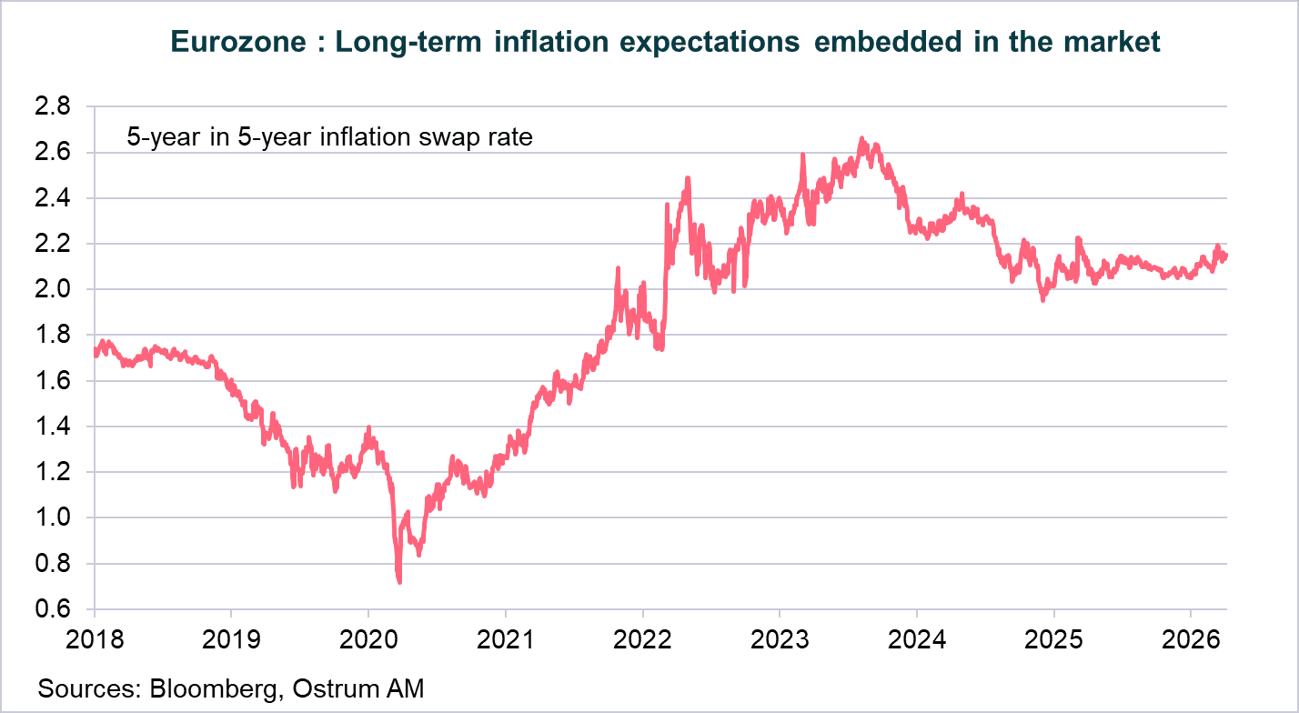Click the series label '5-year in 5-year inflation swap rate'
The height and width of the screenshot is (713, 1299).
(x=328, y=138)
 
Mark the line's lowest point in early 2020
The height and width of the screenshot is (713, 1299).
(x=399, y=581)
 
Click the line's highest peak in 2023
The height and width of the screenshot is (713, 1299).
(x=861, y=139)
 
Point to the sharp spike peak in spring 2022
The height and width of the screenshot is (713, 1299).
(x=688, y=178)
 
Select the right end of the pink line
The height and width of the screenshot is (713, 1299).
(x=1225, y=256)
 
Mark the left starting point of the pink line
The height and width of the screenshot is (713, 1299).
(x=96, y=350)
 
